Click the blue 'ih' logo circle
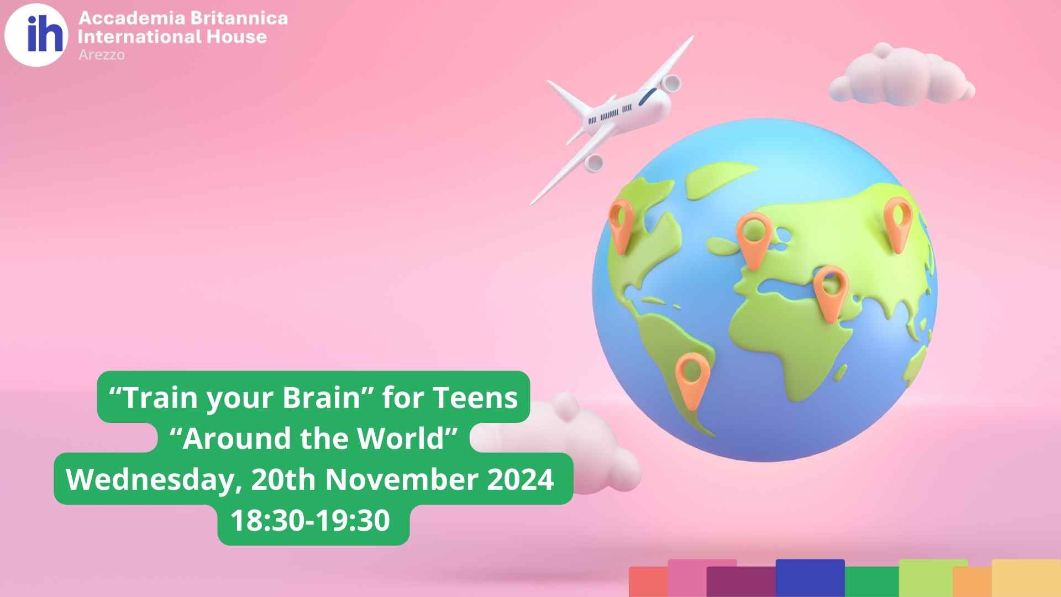click(x=36, y=35)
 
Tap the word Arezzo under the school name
click(x=102, y=55)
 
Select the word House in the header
click(x=237, y=37)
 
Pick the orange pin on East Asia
click(x=898, y=224)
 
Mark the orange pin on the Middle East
click(x=831, y=294)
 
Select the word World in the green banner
click(x=401, y=438)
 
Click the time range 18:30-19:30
click(x=310, y=521)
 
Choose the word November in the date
click(x=401, y=479)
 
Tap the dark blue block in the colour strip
click(x=810, y=578)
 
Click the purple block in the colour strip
click(x=741, y=582)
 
